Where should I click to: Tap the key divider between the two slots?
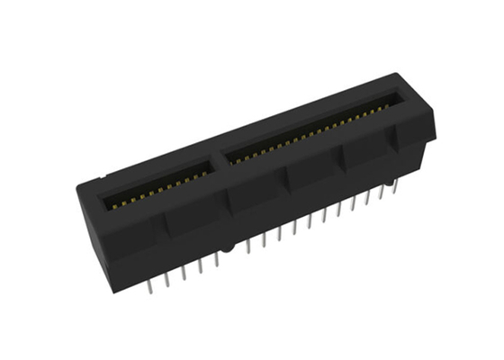click(x=219, y=159)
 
